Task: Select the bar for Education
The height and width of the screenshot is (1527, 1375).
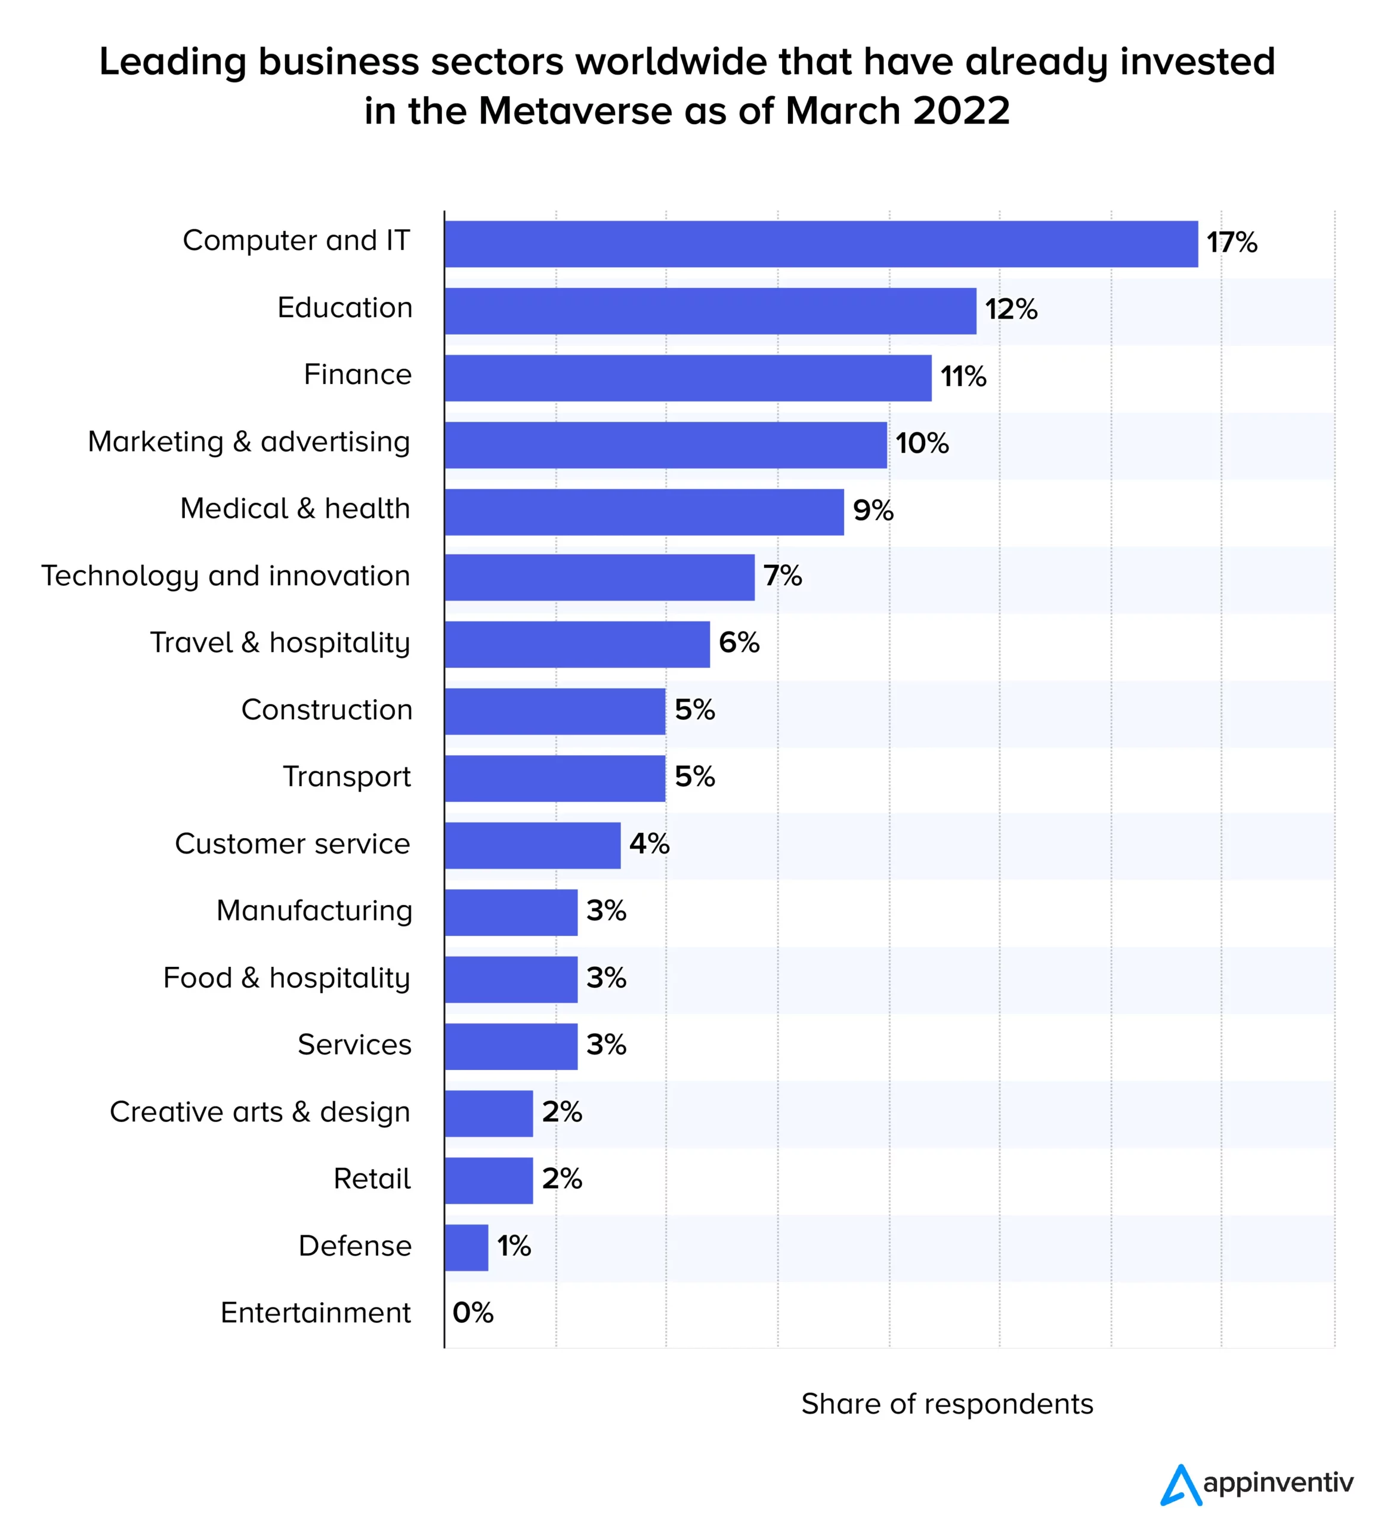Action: point(710,311)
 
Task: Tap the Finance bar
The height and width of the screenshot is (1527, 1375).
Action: point(687,378)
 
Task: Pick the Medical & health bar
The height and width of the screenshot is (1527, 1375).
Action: point(644,512)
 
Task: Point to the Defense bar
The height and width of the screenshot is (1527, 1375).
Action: point(466,1247)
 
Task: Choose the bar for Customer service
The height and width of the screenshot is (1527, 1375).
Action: point(533,845)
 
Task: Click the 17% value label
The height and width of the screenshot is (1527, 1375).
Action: point(1231,243)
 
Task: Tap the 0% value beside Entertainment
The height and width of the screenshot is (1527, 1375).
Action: point(473,1312)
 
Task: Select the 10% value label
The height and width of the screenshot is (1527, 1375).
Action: point(922,444)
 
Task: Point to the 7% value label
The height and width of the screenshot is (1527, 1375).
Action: point(782,576)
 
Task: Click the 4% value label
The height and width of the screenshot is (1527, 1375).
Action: point(649,843)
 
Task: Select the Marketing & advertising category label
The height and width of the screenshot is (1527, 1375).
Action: point(249,442)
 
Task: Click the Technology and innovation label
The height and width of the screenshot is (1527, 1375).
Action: point(225,576)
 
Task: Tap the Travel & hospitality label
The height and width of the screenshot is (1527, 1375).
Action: point(280,643)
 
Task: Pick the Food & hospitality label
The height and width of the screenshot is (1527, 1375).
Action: point(286,978)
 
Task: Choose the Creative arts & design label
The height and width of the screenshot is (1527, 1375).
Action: point(260,1111)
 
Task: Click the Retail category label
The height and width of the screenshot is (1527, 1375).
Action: point(372,1179)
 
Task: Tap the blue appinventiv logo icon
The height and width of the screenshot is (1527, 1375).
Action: point(1180,1485)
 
